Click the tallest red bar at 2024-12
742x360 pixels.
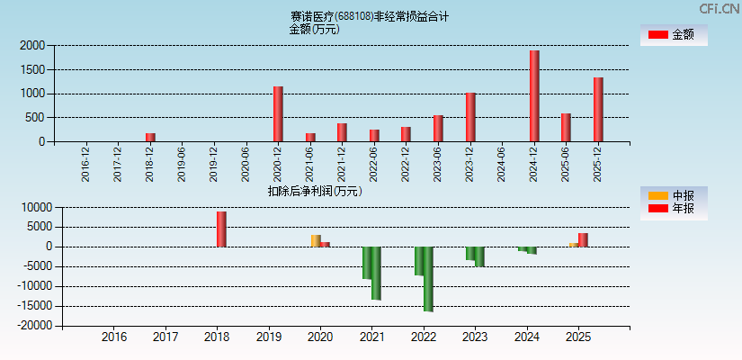pyautogui.click(x=534, y=96)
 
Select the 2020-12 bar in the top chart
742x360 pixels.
pyautogui.click(x=278, y=114)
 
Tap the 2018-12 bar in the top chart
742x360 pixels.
pyautogui.click(x=150, y=137)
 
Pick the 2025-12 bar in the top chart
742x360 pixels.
pyautogui.click(x=598, y=110)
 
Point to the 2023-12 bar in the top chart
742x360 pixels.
pyautogui.click(x=470, y=117)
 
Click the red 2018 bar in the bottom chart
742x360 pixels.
pyautogui.click(x=221, y=229)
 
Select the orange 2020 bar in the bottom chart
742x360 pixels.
pyautogui.click(x=316, y=240)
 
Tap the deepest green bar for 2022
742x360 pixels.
pyautogui.click(x=428, y=279)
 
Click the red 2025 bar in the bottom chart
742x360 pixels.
pyautogui.click(x=583, y=239)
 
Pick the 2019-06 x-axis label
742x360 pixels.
pyautogui.click(x=182, y=165)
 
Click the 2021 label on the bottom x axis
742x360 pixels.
pyautogui.click(x=371, y=337)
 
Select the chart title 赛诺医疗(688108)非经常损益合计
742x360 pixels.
pyautogui.click(x=370, y=16)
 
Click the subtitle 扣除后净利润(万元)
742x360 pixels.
pyautogui.click(x=315, y=191)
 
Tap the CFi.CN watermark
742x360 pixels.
pyautogui.click(x=719, y=9)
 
